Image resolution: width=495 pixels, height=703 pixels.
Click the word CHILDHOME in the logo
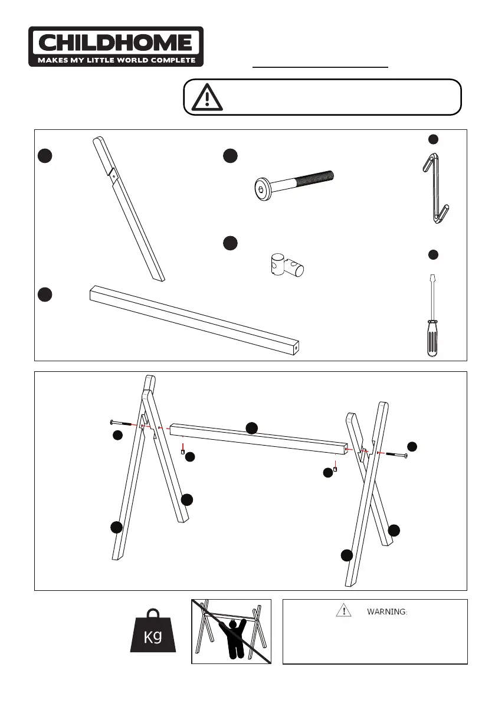click(116, 43)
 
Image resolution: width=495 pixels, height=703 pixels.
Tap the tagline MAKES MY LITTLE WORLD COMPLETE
click(116, 60)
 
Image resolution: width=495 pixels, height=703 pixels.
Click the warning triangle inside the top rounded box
click(207, 97)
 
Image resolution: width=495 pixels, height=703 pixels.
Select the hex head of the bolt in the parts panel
click(262, 189)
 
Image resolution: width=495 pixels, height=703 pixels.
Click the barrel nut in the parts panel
click(287, 266)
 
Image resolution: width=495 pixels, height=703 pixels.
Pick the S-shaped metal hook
click(435, 188)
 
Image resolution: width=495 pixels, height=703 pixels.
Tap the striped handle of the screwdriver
click(432, 338)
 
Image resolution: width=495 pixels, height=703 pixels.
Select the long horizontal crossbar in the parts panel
click(195, 320)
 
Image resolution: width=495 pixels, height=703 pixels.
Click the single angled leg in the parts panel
click(129, 209)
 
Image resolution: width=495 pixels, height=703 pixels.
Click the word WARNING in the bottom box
click(387, 612)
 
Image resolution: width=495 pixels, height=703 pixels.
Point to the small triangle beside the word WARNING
click(343, 610)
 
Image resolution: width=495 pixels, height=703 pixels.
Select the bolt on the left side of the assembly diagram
click(122, 423)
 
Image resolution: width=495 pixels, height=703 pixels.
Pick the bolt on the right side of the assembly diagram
click(395, 455)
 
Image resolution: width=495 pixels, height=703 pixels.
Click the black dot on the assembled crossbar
click(252, 428)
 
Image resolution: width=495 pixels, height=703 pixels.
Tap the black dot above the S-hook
click(433, 139)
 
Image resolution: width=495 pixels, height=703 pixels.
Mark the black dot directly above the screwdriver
click(433, 254)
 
